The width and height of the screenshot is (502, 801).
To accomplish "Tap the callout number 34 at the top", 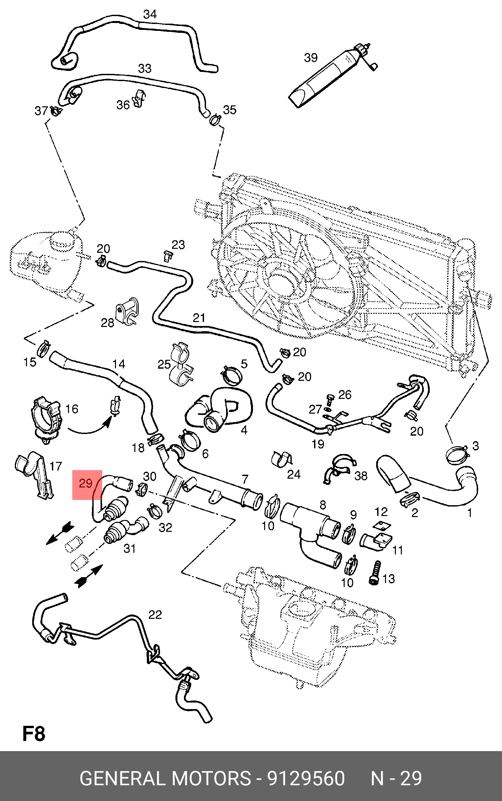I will [x=150, y=14].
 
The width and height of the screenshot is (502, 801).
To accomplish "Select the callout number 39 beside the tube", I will [x=311, y=58].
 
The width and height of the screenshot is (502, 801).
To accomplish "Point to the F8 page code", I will [x=34, y=733].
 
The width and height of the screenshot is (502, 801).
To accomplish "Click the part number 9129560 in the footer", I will [x=306, y=778].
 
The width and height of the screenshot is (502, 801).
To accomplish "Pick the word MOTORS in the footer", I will [x=211, y=778].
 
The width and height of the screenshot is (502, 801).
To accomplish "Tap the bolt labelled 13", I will [x=375, y=573].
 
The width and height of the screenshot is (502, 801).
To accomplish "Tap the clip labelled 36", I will [x=139, y=98].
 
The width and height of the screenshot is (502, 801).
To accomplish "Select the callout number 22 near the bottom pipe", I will [x=155, y=615].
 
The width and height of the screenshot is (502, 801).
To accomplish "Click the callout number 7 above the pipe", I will [x=245, y=479].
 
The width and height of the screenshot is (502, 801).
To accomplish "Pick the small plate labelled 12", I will [x=381, y=525].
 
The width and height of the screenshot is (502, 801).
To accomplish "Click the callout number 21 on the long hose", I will [x=199, y=318].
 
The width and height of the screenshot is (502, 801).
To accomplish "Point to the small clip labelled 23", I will [x=168, y=256].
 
